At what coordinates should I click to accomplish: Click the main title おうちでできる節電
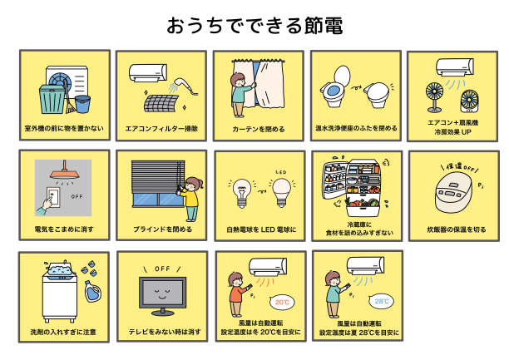[254, 25]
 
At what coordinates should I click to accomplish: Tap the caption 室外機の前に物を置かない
[64, 129]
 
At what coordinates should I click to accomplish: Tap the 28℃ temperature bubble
[382, 301]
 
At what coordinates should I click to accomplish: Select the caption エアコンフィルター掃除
[161, 129]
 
